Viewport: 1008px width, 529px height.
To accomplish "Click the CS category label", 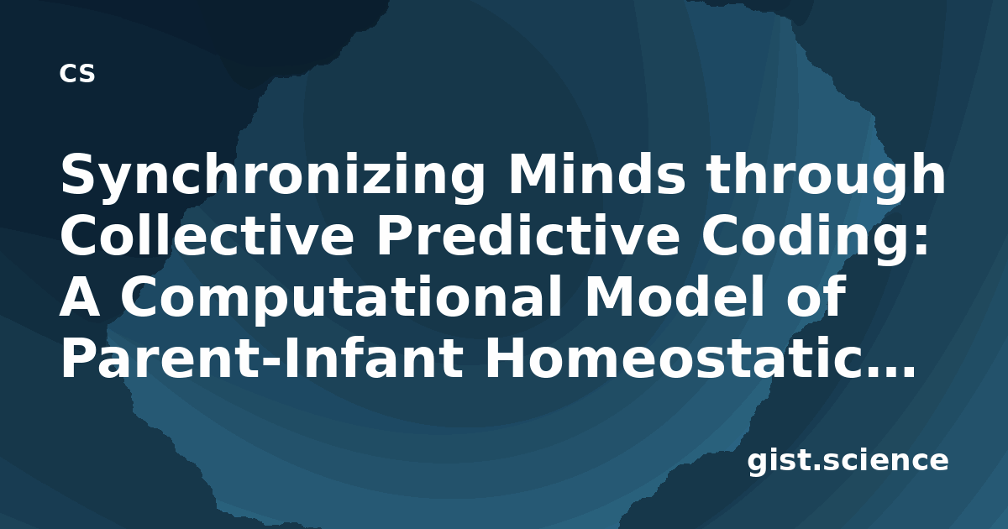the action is [77, 73].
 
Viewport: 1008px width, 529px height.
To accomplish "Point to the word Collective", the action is [207, 235].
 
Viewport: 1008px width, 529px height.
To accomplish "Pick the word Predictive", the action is [528, 235].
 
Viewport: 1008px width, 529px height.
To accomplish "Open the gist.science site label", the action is [848, 462].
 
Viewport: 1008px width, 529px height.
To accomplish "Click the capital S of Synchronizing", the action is [80, 174].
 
